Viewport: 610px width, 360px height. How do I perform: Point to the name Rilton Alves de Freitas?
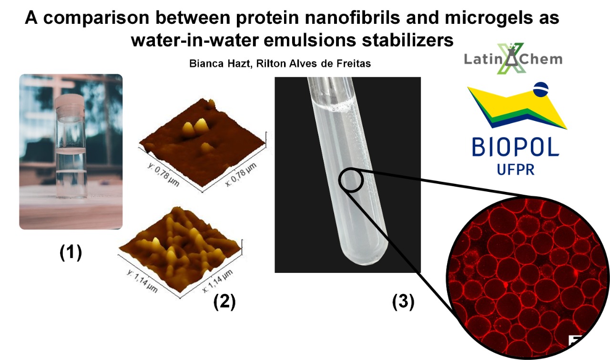click(x=314, y=63)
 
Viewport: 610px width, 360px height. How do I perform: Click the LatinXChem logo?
click(x=513, y=58)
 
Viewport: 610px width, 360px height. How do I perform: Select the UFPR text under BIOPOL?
click(x=516, y=169)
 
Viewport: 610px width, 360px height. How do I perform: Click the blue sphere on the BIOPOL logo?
click(x=541, y=89)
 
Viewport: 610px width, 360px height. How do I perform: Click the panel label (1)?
click(x=71, y=252)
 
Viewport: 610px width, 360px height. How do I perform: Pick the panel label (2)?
click(x=224, y=301)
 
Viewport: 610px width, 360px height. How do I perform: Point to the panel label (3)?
click(x=403, y=301)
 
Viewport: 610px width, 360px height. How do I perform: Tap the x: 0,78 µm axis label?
click(x=241, y=174)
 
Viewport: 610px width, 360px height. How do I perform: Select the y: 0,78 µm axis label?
click(x=163, y=174)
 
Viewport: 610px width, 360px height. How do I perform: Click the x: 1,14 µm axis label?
click(x=217, y=281)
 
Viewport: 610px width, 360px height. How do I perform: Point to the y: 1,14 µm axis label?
click(x=142, y=281)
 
